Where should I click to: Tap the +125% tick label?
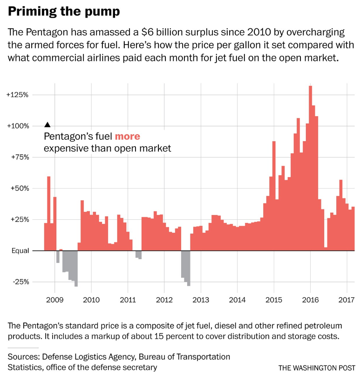coord(18,95)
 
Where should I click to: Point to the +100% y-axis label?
coord(18,126)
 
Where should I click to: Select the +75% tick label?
coord(19,157)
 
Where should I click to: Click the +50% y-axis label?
coord(19,188)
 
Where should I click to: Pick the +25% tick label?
coord(19,219)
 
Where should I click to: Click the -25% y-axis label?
coord(20,282)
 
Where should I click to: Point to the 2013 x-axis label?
coord(200,301)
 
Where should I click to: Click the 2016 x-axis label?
coord(310,301)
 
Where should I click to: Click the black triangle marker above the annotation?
coord(47,124)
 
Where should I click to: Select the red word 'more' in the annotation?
coord(127,137)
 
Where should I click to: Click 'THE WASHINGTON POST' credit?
coord(317,368)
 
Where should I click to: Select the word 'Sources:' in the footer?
coord(23,357)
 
